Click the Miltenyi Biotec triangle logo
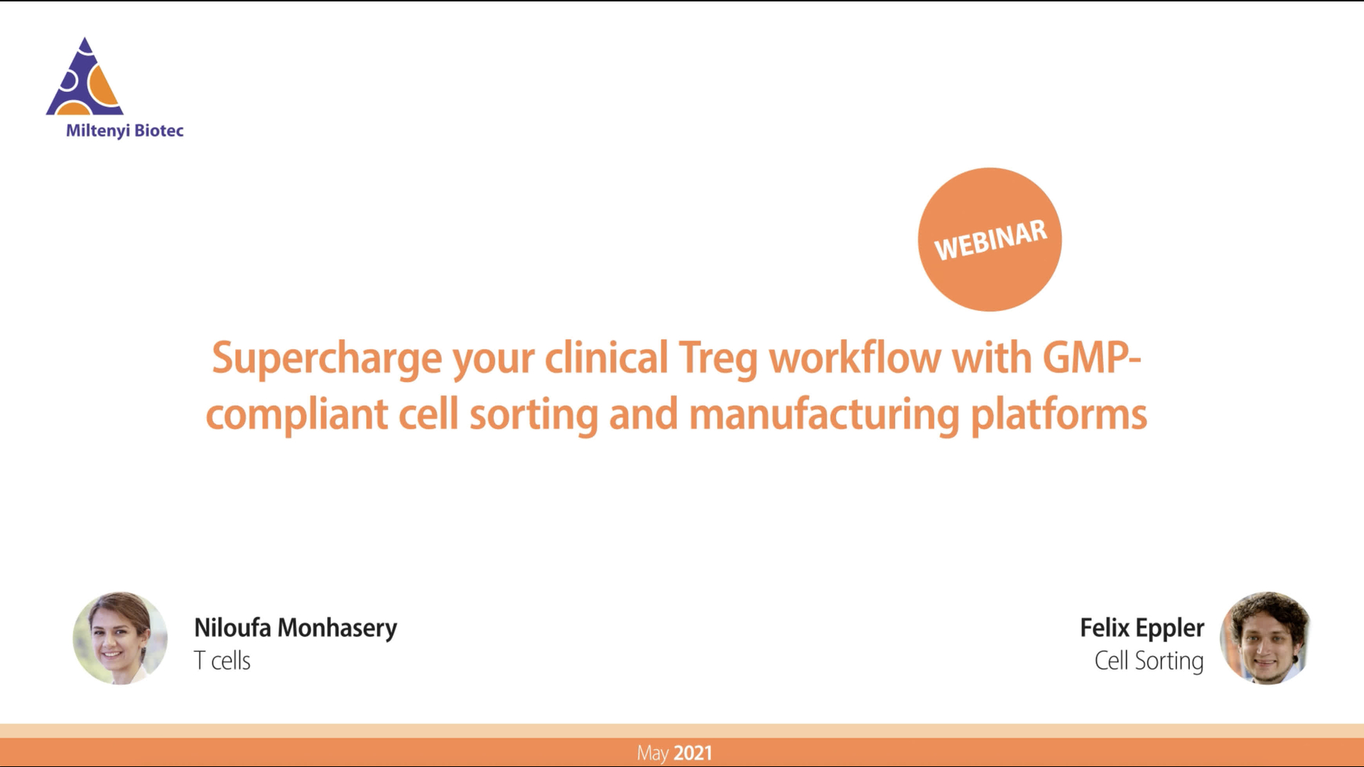[x=85, y=77]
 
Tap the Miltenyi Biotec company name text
[x=125, y=131]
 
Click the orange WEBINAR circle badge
[x=990, y=239]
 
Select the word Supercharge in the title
[x=327, y=359]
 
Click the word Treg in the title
[x=719, y=359]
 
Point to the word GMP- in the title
[x=1092, y=357]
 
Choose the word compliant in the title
[x=297, y=415]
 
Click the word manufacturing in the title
[x=824, y=415]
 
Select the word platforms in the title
[x=1059, y=415]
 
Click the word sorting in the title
[x=534, y=415]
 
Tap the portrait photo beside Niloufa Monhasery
[x=120, y=638]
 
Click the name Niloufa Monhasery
[x=296, y=629]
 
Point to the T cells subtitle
[x=222, y=660]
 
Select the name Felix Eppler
[x=1142, y=629]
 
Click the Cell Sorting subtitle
[x=1149, y=661]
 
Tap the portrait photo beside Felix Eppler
[x=1265, y=638]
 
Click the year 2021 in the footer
[x=693, y=753]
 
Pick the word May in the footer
[x=653, y=754]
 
